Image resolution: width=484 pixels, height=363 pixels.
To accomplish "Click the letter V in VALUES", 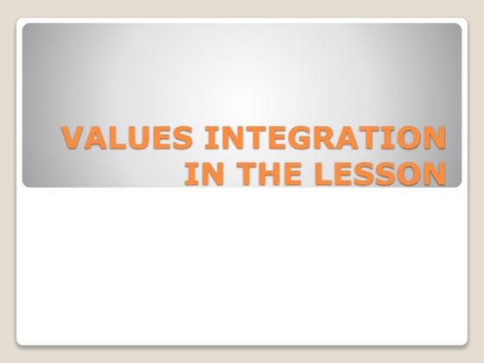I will [x=70, y=139].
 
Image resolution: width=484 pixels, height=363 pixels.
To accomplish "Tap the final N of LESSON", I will [x=437, y=172].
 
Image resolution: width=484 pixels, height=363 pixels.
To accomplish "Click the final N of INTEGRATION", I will [x=436, y=139].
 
